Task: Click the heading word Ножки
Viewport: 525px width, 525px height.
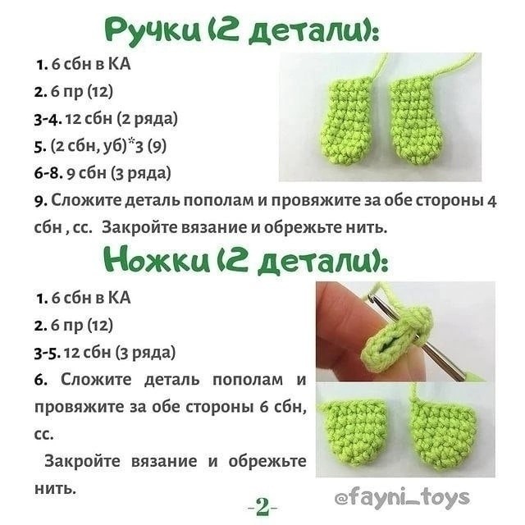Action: (x=153, y=260)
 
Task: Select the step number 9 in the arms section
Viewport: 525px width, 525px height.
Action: (x=39, y=200)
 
